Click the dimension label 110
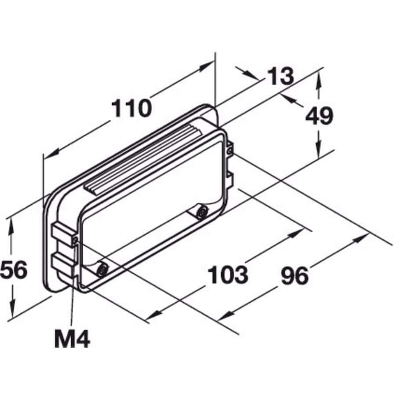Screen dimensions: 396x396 coord(131,108)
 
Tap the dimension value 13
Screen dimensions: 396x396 coord(280,77)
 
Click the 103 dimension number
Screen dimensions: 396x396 coord(227,275)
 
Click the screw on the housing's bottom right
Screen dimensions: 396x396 coord(201,213)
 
